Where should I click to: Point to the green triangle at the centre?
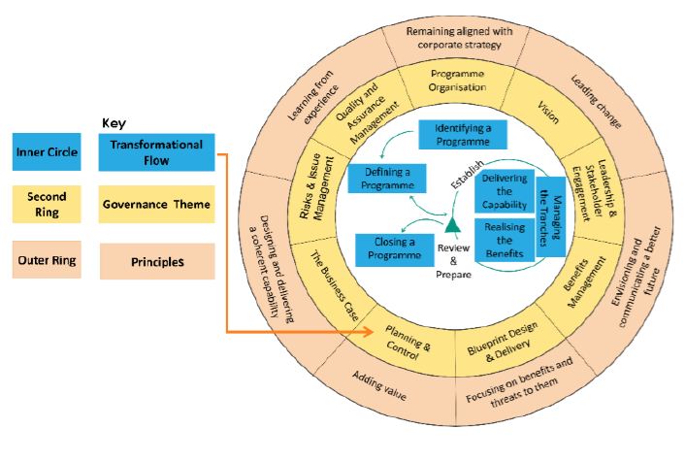451,227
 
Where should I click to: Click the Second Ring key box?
47,206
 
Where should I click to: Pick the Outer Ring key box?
47,259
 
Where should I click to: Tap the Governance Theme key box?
156,205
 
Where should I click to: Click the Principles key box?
156,261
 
